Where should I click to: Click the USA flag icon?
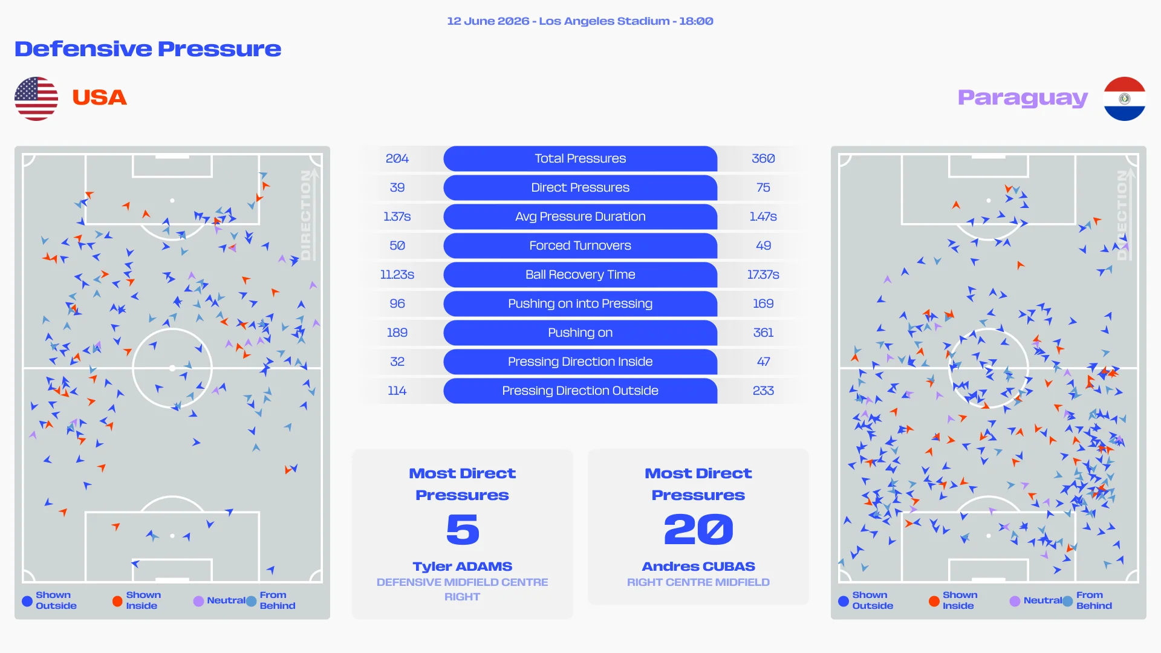36,99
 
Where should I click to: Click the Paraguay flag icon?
1124,99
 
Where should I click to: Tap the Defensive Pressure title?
148,49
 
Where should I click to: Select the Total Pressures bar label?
580,158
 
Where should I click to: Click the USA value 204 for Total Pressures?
397,158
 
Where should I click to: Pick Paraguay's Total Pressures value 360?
763,158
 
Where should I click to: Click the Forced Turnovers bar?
580,245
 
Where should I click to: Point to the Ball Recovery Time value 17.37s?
763,275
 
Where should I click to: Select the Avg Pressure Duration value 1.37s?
397,216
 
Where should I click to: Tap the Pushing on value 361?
763,333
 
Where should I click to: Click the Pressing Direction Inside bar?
580,362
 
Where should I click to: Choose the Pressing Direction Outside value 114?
397,391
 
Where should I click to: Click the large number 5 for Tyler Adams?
463,530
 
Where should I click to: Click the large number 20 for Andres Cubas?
698,530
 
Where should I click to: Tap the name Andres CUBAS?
698,567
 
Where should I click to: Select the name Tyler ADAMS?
463,567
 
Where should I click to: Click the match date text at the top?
487,21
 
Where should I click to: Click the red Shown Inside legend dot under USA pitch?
117,601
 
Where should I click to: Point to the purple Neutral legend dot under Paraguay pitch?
1015,601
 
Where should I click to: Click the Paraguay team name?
1023,98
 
